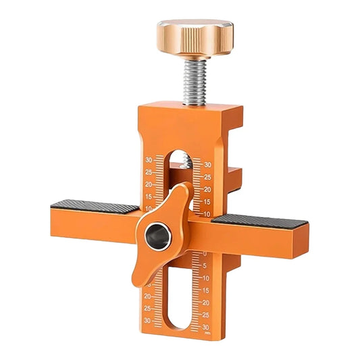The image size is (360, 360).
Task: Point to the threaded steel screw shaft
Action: (195, 80)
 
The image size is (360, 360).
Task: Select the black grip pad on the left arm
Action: (95, 207)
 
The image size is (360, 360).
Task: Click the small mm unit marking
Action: (207, 332)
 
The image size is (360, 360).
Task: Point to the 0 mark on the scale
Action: (205, 254)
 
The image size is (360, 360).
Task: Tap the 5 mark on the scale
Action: (205, 265)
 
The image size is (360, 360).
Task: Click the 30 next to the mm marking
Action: (205, 325)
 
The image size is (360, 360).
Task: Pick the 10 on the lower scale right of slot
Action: (205, 278)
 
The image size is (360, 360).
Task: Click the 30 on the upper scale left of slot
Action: (149, 160)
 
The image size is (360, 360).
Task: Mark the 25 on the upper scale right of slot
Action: (207, 176)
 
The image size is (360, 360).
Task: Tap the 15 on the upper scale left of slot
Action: (149, 197)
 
